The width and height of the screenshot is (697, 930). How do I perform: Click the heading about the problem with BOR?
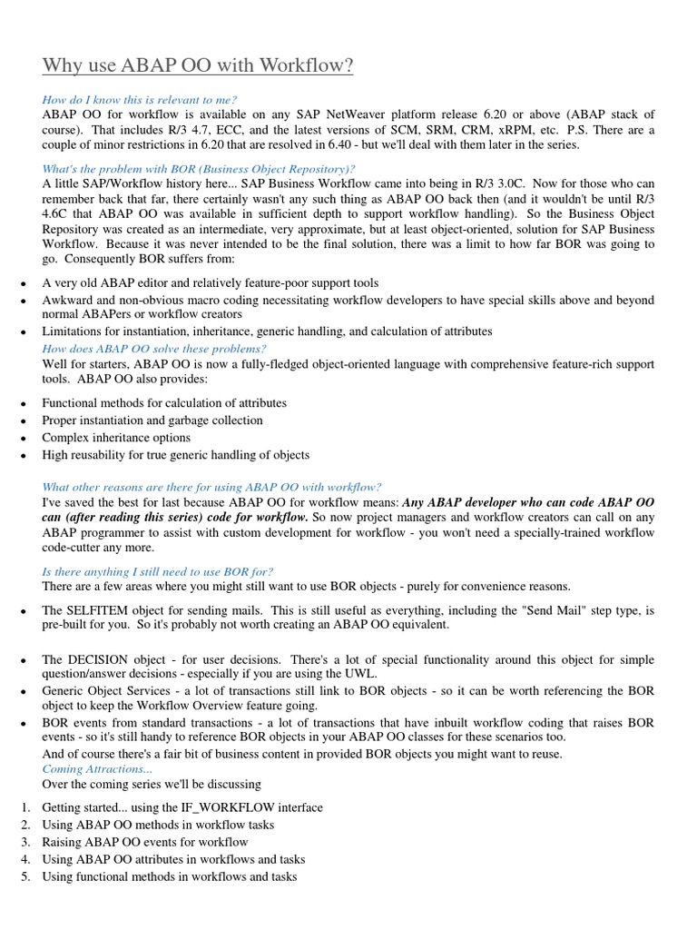[x=199, y=168]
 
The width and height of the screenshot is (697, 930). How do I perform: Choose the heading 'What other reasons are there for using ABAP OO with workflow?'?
[x=211, y=487]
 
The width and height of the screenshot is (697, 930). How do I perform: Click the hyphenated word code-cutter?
[x=77, y=548]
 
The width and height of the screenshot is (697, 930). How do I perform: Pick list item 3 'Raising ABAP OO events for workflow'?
[x=144, y=842]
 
